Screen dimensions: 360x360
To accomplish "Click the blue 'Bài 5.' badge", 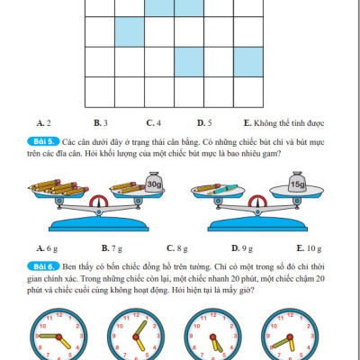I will pyautogui.click(x=48, y=142).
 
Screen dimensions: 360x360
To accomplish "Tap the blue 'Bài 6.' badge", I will pyautogui.click(x=48, y=266).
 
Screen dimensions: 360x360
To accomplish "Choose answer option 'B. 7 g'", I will pyautogui.click(x=110, y=247).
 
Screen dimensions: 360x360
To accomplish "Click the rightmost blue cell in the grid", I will pyautogui.click(x=247, y=62).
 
